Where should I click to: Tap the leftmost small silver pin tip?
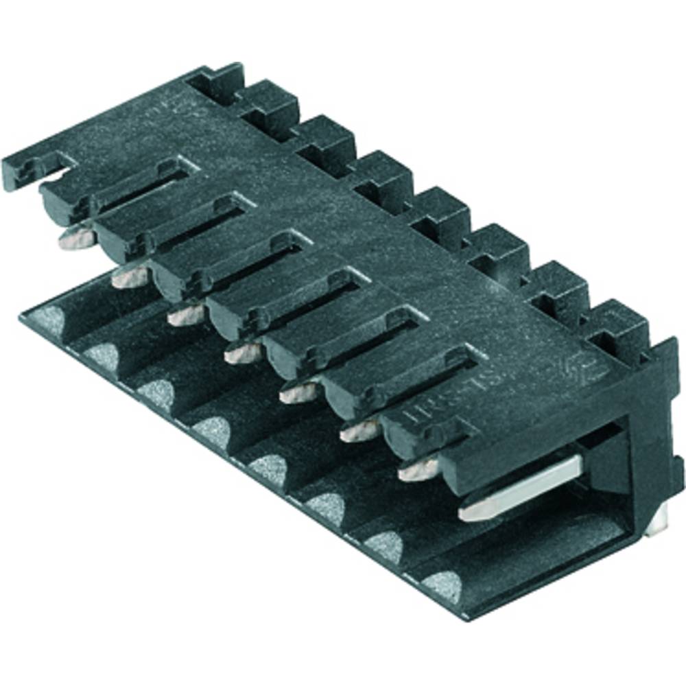point(76,238)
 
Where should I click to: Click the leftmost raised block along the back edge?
point(217,80)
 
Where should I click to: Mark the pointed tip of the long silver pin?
point(469,510)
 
